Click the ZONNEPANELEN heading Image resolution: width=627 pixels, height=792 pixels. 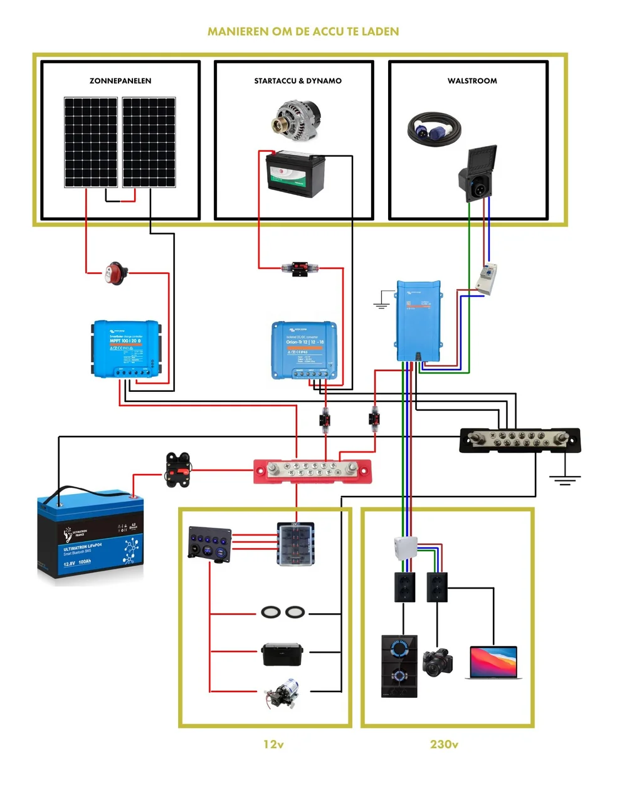(x=120, y=81)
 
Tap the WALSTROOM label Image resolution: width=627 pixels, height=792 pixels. (x=472, y=81)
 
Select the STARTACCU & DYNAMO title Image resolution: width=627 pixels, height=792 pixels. (x=298, y=81)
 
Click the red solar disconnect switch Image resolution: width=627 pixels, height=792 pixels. (x=116, y=273)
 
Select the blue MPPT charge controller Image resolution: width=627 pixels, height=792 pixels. (x=125, y=349)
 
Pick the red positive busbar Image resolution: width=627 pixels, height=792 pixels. (x=312, y=471)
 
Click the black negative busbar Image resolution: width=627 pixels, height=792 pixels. (x=520, y=440)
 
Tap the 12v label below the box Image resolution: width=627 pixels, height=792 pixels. (x=273, y=744)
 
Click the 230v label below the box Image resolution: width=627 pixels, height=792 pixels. (x=444, y=744)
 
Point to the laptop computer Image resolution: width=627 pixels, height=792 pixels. (x=494, y=663)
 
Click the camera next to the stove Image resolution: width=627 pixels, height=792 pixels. (x=438, y=663)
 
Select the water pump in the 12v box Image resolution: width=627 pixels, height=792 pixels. (x=283, y=694)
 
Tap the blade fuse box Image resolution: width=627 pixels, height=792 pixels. (x=296, y=544)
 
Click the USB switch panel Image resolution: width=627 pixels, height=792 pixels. (x=209, y=543)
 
